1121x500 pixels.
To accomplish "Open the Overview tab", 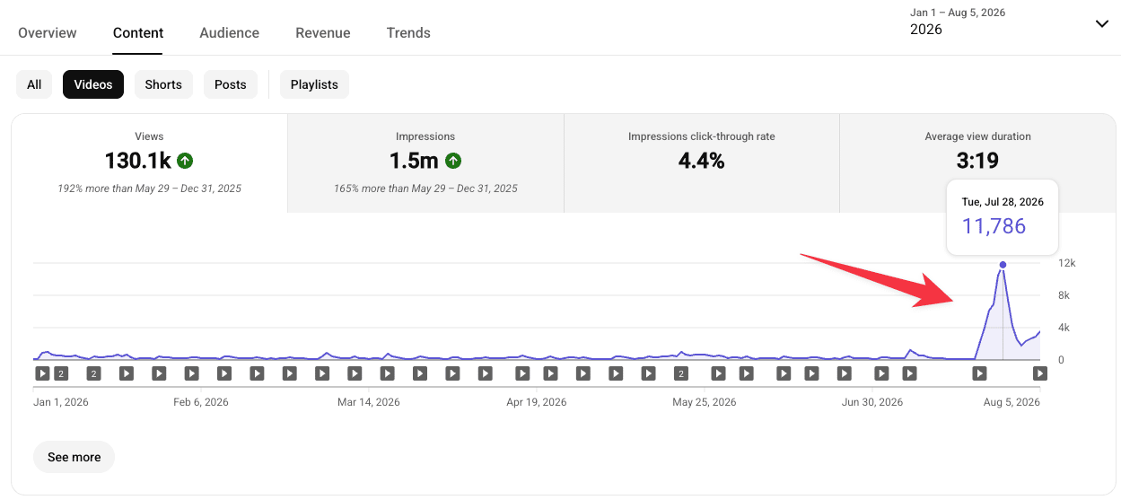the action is pos(47,32).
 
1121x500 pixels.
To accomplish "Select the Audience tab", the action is pos(229,32).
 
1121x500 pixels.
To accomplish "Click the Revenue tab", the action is pos(323,32).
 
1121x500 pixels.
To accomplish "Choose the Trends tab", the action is pos(408,32).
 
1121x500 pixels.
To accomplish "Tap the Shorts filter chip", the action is pos(163,84).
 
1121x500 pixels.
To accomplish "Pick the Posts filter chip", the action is pos(230,84).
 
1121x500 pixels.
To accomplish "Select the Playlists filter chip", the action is pos(314,84).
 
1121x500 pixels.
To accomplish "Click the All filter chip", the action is pos(34,84).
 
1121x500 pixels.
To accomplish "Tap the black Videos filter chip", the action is pos(93,84).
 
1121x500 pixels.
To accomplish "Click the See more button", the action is pos(74,457).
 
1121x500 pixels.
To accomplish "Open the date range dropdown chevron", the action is pos(1102,24).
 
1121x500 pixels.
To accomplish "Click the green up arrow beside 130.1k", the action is pos(185,161).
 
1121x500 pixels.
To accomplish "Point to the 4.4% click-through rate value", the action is pos(701,161).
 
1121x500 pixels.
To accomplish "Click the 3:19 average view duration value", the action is pos(977,161).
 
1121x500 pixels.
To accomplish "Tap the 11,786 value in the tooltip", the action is pos(994,226).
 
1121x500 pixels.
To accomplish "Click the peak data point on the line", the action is pos(1003,265).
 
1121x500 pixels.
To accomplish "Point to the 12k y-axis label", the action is pos(1066,263).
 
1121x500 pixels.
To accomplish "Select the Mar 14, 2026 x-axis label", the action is pos(368,402).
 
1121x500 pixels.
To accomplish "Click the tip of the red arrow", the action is pos(953,302).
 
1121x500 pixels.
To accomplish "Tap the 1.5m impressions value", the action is pos(414,161).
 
